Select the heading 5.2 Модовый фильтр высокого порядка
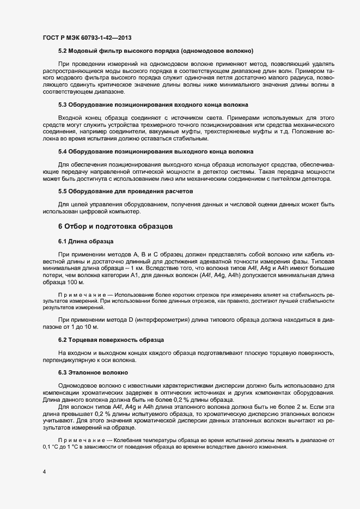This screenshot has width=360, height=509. coord(156,51)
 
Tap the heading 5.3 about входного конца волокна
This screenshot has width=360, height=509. coord(154,104)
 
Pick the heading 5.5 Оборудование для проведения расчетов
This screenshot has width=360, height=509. coord(125,191)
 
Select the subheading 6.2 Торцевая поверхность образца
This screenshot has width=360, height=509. coord(111,340)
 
